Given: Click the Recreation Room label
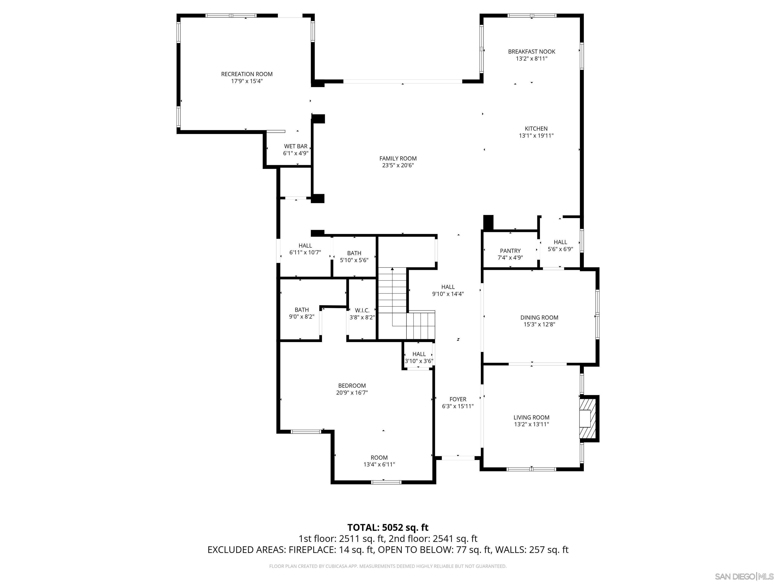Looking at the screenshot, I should (247, 74).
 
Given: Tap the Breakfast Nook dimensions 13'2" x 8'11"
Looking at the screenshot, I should (531, 59).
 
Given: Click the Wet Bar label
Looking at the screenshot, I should (296, 146).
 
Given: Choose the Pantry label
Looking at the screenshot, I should (510, 251).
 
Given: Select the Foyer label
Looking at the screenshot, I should (458, 399).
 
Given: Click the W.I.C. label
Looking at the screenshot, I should (362, 310).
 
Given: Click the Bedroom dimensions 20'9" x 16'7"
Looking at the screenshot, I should (352, 393).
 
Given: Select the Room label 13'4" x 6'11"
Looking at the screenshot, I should (379, 458).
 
